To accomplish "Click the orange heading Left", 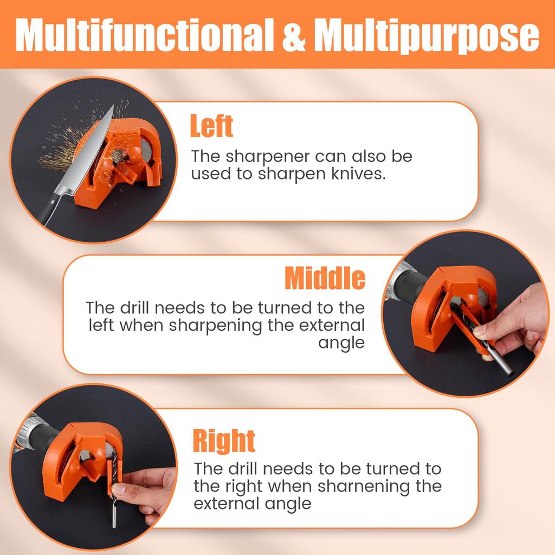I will click(x=211, y=126).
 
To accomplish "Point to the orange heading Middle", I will click(x=325, y=279).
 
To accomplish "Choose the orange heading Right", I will click(x=224, y=441).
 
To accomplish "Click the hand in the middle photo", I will click(x=512, y=320).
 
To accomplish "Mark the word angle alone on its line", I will click(x=342, y=343).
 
